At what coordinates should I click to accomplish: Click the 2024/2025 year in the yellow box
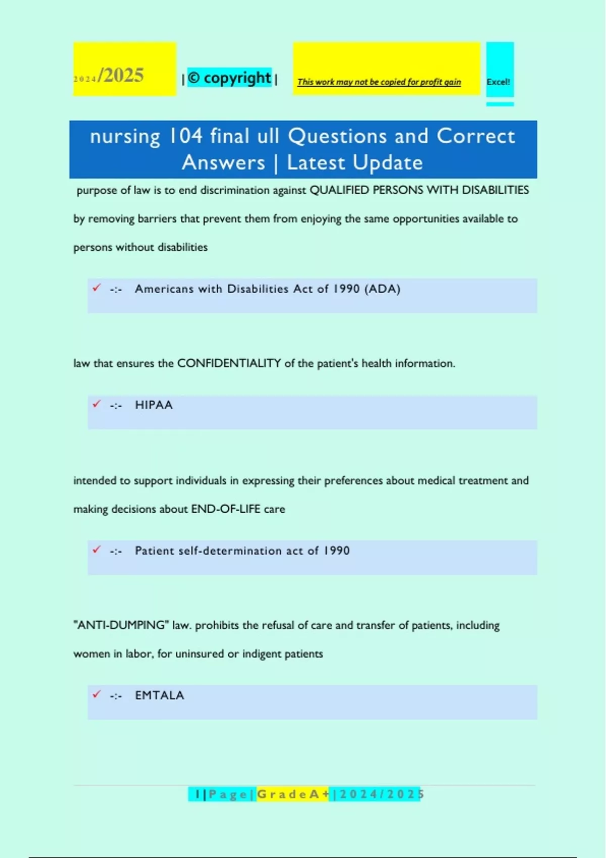click(x=109, y=76)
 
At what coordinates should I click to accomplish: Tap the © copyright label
click(x=229, y=78)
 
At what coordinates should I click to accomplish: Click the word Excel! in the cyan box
click(x=498, y=82)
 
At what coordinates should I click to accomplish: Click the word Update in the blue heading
click(x=388, y=163)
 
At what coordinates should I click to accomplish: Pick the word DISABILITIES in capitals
click(x=495, y=190)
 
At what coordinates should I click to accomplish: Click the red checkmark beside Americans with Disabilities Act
click(x=96, y=288)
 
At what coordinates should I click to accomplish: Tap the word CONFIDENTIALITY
click(x=229, y=363)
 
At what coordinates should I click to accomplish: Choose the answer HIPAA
click(x=154, y=405)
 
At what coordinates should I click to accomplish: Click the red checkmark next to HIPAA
click(x=96, y=404)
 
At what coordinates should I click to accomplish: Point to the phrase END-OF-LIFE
click(x=226, y=509)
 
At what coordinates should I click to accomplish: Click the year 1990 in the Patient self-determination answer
click(x=336, y=551)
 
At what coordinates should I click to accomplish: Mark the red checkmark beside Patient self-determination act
click(x=96, y=549)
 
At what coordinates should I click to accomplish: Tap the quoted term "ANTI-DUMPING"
click(x=121, y=625)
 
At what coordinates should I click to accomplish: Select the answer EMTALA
click(x=160, y=695)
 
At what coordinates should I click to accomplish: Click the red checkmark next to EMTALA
click(x=96, y=694)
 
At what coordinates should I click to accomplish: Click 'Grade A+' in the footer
click(x=293, y=794)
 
